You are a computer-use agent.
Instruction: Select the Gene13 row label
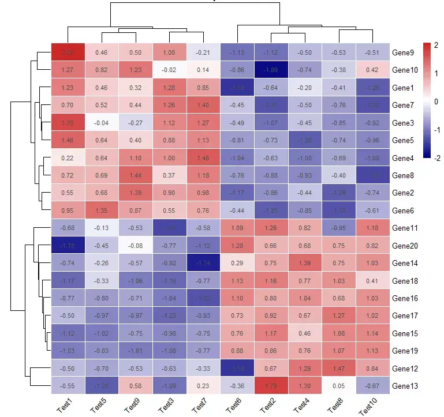404,386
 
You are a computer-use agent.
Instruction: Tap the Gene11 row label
404,228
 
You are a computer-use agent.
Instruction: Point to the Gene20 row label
404,246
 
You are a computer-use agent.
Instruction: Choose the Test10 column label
368,407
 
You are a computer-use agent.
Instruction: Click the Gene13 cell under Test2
271,386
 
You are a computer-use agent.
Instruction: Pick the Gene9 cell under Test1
68,52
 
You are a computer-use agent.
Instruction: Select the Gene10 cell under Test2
271,70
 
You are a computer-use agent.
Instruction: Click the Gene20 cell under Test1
68,246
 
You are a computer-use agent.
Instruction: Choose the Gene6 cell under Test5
102,211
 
